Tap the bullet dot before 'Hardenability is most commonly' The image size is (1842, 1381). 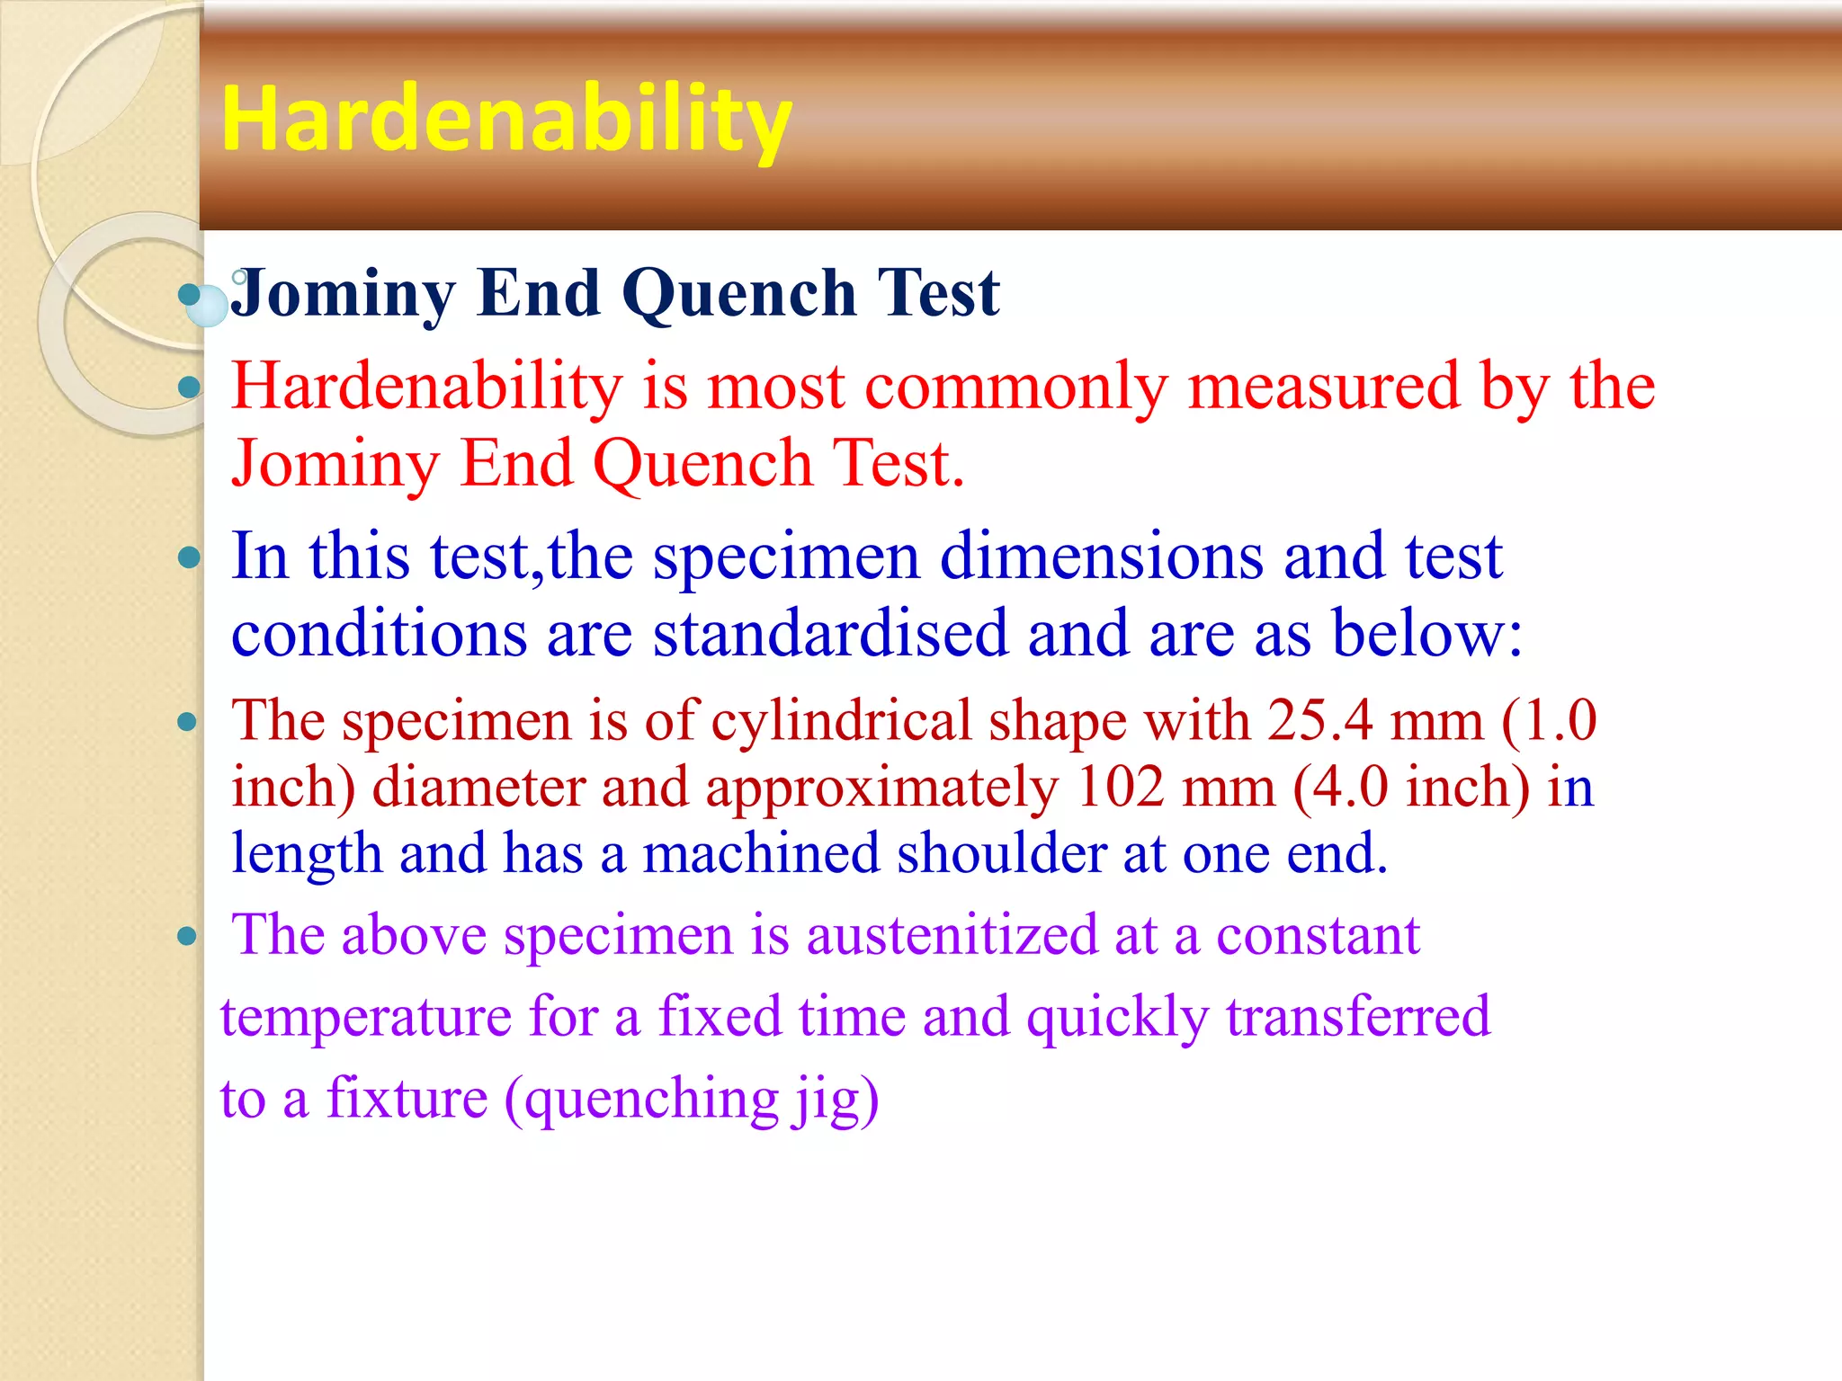click(189, 388)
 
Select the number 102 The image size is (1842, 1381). click(1120, 788)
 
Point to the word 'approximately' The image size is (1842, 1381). click(881, 788)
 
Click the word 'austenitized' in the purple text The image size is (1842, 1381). click(952, 935)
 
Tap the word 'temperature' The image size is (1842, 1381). click(365, 1017)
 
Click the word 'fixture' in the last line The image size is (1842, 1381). click(407, 1099)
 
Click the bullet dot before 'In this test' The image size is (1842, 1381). click(189, 557)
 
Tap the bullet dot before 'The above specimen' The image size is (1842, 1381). click(187, 937)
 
